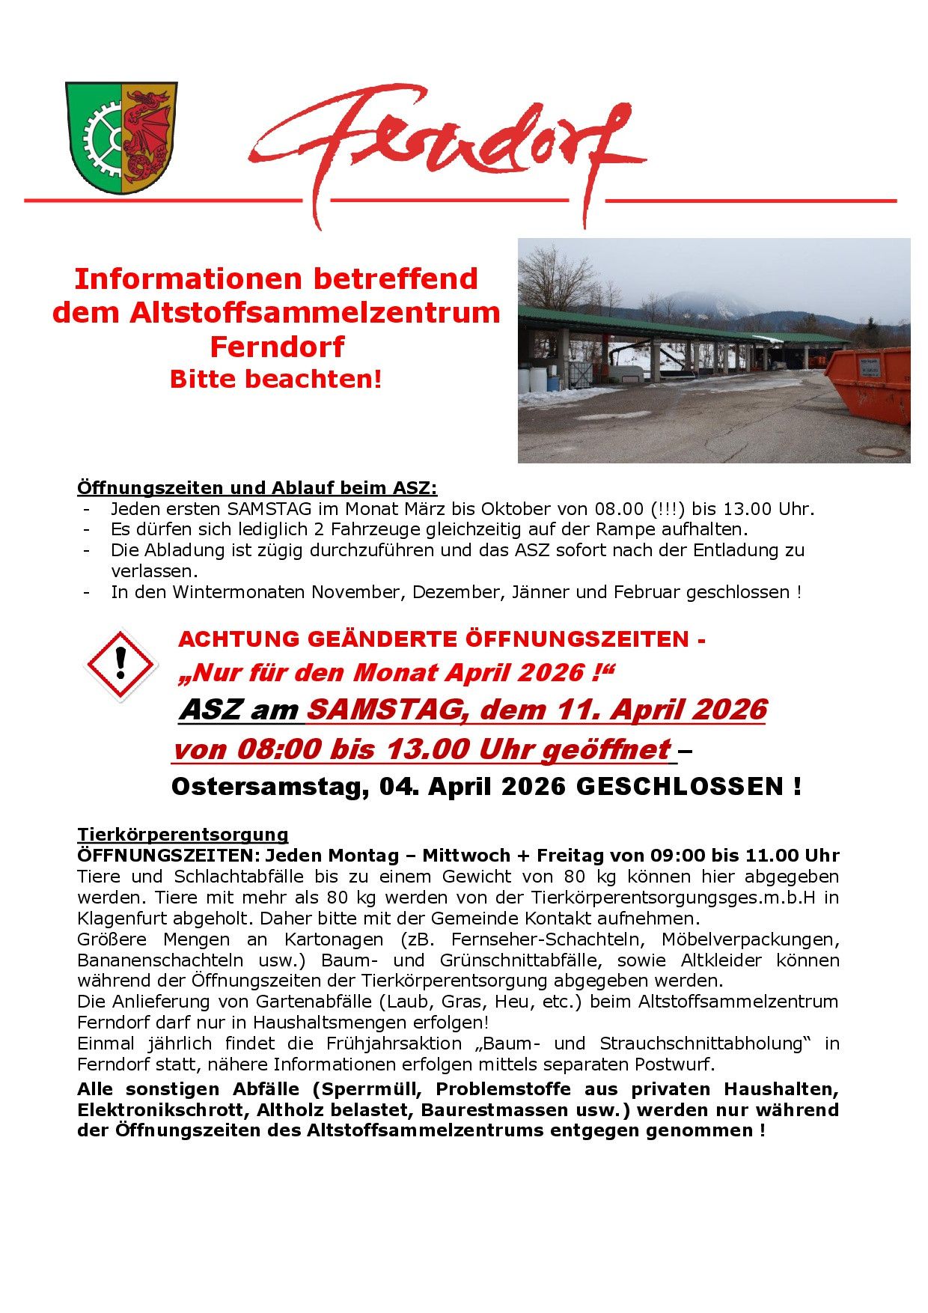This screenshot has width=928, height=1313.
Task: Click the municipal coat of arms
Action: coord(121,138)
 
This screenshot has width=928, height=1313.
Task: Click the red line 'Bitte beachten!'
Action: coord(275,379)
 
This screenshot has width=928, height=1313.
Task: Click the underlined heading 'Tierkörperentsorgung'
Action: coord(183,834)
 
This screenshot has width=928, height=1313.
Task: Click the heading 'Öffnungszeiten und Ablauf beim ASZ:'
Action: coord(257,488)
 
